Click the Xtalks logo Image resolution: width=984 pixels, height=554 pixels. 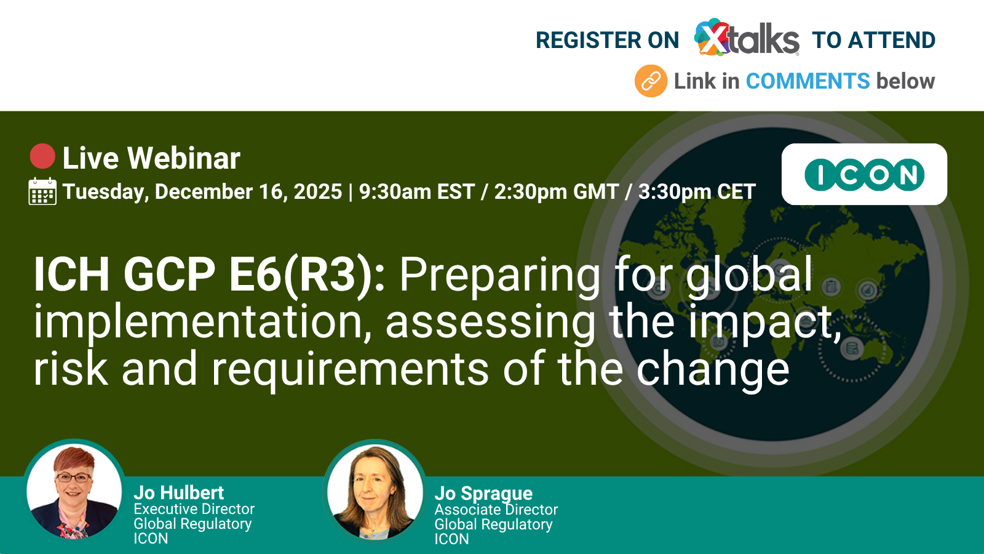(x=747, y=38)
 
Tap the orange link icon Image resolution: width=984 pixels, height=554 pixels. (x=651, y=81)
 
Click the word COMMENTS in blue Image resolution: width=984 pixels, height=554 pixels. (x=807, y=81)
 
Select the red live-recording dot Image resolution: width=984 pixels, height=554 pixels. (x=42, y=156)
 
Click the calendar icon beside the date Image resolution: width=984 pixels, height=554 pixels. (x=42, y=191)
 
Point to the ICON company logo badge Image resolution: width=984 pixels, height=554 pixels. (x=864, y=174)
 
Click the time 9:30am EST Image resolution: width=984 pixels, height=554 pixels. (x=417, y=191)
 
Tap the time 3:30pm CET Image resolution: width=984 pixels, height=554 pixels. (x=697, y=191)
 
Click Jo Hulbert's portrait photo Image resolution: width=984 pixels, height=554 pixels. (x=74, y=490)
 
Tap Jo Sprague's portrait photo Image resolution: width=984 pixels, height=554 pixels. (x=375, y=491)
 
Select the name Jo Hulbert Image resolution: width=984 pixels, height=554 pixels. (x=179, y=493)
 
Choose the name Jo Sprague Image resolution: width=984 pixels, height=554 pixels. (x=483, y=494)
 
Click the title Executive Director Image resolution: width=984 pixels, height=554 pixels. (x=194, y=509)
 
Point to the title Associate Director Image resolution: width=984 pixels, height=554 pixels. (x=496, y=510)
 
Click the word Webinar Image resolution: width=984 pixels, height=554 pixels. (x=184, y=158)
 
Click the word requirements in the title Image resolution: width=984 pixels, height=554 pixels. (x=350, y=370)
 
